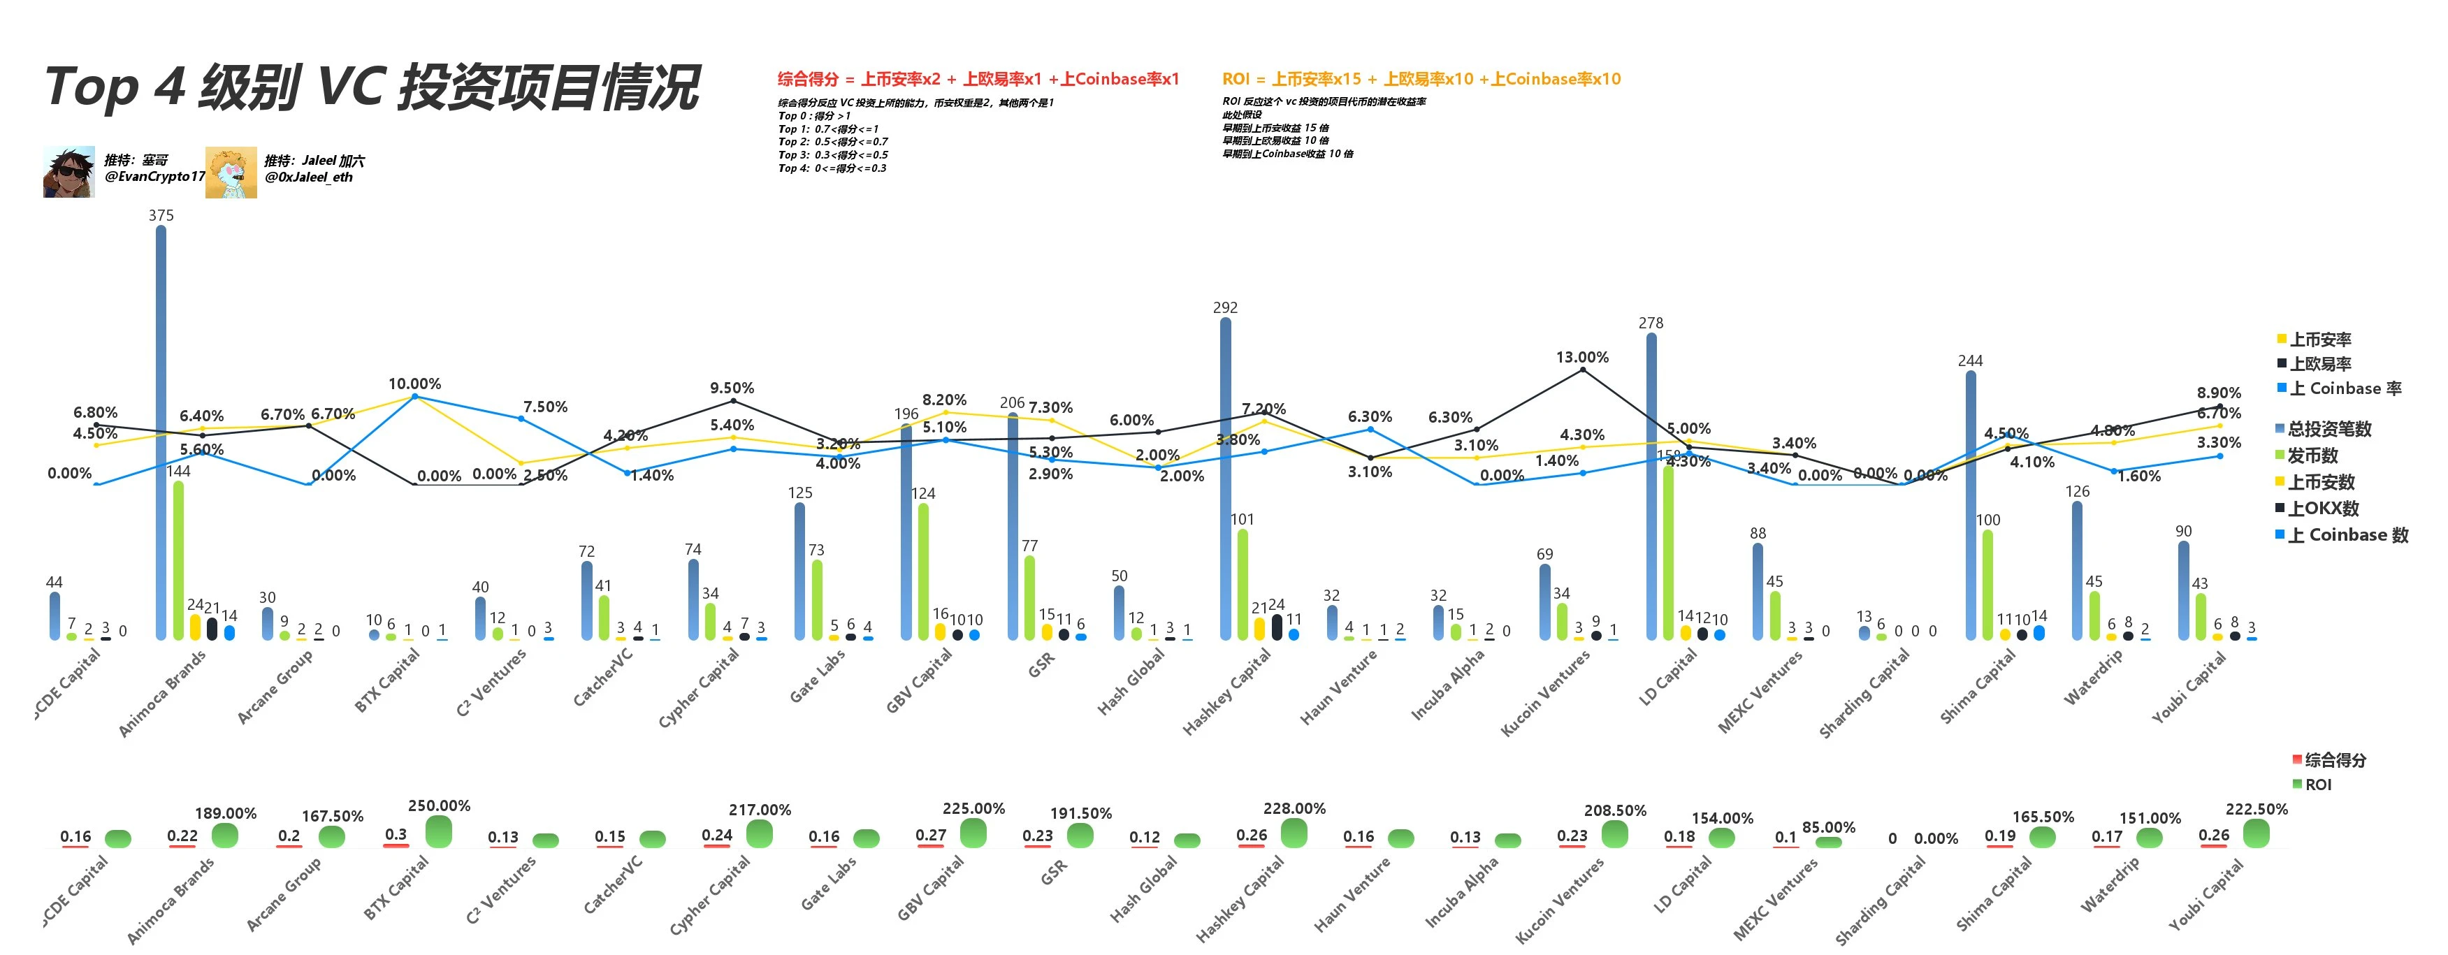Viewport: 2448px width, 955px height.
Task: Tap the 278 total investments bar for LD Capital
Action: point(1651,486)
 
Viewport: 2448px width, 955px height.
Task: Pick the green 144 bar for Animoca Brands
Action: point(178,561)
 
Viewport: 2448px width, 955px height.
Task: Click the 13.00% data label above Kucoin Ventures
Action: point(1582,357)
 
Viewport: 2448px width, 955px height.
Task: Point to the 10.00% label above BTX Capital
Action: point(414,384)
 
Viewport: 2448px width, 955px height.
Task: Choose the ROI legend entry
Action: point(2317,785)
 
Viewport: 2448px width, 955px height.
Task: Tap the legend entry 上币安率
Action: point(2319,340)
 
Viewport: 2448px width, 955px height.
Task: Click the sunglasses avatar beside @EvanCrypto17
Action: point(68,172)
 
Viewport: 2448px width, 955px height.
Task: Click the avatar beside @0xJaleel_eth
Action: point(231,172)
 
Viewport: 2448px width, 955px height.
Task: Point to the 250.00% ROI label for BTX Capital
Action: point(439,805)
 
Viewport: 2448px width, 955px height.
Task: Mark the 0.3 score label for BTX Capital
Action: point(396,834)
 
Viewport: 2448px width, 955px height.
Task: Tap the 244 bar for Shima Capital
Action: point(1970,504)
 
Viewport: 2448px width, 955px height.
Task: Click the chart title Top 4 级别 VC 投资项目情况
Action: point(372,87)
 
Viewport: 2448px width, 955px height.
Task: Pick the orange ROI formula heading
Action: point(1421,79)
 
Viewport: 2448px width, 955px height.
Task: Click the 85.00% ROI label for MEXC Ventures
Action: point(1828,828)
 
